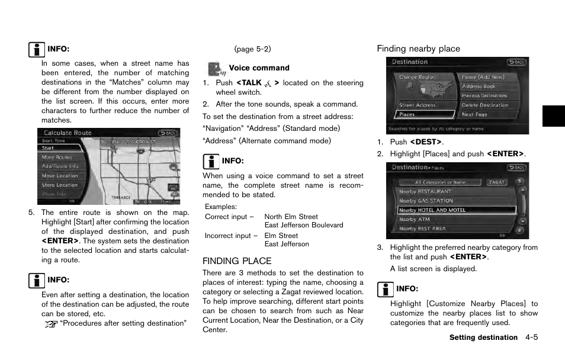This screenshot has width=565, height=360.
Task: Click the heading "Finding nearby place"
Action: coord(418,49)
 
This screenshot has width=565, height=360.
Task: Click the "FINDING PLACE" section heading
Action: coord(237,261)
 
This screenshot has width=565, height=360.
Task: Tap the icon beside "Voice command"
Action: coord(216,69)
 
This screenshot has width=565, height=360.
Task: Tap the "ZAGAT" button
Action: coord(496,182)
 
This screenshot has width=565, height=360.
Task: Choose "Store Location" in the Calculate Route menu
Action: coord(59,185)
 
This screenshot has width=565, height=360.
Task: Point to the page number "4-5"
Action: coord(531,337)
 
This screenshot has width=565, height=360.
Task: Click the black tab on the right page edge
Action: coord(553,116)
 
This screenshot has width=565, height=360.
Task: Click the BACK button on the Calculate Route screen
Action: coord(168,133)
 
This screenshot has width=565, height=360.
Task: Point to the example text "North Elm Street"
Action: coord(291,217)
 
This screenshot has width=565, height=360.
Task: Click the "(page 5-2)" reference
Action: coord(252,49)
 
